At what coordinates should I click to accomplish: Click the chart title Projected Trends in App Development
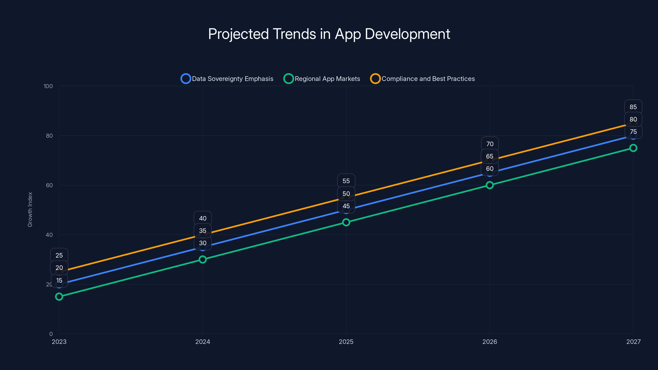329,34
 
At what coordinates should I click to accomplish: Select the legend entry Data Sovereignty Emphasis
227,79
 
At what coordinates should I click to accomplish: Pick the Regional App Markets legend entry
322,79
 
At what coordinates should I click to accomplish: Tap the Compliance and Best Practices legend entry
423,79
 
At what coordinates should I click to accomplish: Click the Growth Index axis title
30,209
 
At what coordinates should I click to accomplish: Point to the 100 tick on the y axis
48,86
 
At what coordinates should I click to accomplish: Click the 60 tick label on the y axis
49,185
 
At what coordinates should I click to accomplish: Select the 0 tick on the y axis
51,334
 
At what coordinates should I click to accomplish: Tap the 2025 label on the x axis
346,342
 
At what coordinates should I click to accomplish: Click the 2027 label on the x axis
633,342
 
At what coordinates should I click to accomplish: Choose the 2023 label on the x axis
59,342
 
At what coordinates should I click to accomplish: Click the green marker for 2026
490,185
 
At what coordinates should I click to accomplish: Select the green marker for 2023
59,296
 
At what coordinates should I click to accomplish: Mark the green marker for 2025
346,222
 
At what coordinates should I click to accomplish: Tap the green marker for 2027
633,148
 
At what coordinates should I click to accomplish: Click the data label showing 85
633,107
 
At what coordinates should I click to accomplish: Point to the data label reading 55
346,181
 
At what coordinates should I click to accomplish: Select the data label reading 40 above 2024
203,218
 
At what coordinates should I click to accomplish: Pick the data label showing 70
490,144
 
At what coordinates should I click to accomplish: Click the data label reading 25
59,255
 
